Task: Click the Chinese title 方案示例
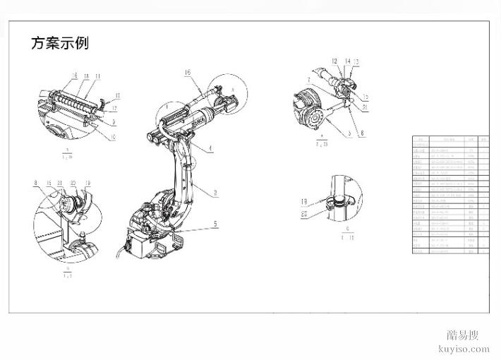[59, 43]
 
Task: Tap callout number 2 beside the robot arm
[215, 191]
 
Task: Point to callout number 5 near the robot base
[215, 224]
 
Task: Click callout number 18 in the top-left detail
[85, 75]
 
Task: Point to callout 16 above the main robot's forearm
[188, 73]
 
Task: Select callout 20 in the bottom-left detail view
[73, 182]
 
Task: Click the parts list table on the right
[450, 194]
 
